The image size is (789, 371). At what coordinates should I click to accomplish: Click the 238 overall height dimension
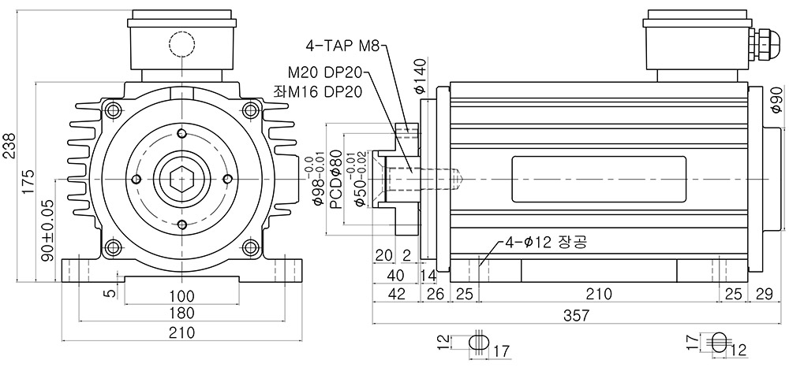click(x=9, y=146)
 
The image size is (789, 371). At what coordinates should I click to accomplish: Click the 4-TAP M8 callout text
click(x=344, y=46)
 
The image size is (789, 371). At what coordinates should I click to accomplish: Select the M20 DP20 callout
click(x=325, y=72)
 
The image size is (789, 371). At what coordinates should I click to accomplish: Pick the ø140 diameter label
click(x=421, y=76)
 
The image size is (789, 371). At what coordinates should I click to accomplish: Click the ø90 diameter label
click(x=776, y=100)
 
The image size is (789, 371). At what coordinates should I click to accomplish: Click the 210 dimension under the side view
click(x=598, y=294)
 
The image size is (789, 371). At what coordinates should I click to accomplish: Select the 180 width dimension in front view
click(x=181, y=313)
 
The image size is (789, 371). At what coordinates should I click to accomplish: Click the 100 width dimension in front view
click(x=181, y=295)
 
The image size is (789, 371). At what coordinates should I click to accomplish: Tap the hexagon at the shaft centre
click(x=182, y=179)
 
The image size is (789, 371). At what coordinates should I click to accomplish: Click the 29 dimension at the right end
click(x=765, y=294)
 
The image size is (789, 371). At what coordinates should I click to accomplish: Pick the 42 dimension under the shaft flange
click(x=397, y=294)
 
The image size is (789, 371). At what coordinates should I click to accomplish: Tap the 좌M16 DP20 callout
click(x=318, y=91)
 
